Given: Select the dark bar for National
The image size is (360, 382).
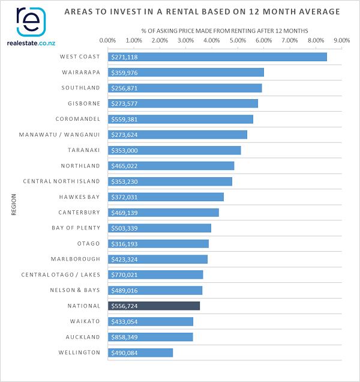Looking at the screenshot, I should click(x=154, y=306).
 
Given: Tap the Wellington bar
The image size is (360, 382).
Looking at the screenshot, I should click(x=140, y=353).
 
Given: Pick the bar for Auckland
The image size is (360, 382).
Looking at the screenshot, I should click(x=150, y=337).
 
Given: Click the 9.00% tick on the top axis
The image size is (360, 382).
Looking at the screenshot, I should click(x=341, y=40).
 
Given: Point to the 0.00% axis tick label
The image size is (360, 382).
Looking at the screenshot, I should click(x=108, y=40).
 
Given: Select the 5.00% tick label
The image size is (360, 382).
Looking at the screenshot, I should click(x=238, y=40).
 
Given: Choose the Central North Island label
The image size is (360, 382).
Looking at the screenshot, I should click(x=61, y=181).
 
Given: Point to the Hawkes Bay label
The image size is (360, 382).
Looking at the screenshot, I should click(x=79, y=196).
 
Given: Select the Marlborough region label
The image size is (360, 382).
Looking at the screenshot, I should click(x=75, y=259).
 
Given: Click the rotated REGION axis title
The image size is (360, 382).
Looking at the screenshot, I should click(x=13, y=204).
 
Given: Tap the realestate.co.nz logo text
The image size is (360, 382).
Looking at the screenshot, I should click(x=31, y=43).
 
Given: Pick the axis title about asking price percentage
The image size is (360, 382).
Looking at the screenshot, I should click(x=224, y=30).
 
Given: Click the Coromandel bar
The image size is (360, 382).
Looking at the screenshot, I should click(x=180, y=119).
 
